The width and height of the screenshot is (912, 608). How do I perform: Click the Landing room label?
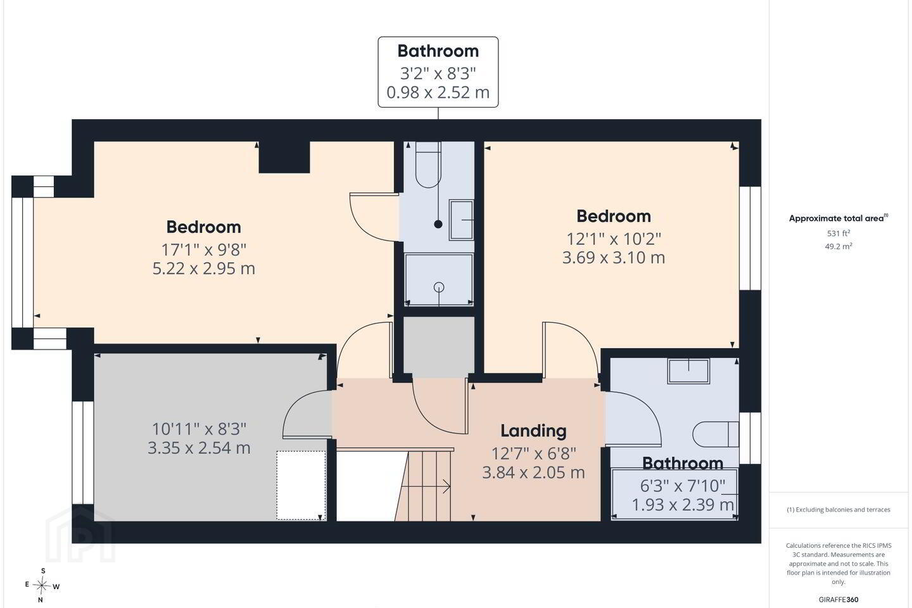(x=533, y=431)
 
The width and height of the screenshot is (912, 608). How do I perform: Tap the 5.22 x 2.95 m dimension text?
(x=203, y=269)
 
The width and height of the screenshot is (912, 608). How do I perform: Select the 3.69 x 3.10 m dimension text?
(x=614, y=257)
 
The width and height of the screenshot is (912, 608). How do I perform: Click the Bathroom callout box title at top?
(x=438, y=51)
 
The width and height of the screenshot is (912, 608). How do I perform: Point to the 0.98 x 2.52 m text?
(x=438, y=92)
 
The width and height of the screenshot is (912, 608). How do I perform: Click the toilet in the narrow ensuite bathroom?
(x=428, y=165)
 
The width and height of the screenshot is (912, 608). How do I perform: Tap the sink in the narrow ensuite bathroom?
(x=461, y=220)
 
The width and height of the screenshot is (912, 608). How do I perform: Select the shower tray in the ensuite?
(x=439, y=279)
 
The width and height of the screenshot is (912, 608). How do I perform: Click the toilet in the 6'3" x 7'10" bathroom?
(x=716, y=434)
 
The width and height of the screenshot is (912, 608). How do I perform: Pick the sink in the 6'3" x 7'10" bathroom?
(x=688, y=370)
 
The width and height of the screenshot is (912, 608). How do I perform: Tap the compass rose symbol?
(x=42, y=586)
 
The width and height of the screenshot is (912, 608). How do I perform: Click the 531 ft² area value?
(x=839, y=233)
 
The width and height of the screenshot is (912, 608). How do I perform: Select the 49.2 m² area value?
(x=839, y=246)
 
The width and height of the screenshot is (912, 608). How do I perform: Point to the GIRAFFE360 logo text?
(x=839, y=599)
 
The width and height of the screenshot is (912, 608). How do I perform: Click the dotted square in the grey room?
(x=301, y=485)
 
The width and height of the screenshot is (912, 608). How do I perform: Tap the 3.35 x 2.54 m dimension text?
(x=199, y=448)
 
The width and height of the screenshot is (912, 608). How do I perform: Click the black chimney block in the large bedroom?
(x=284, y=157)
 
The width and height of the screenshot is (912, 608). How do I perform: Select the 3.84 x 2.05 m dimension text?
(x=533, y=472)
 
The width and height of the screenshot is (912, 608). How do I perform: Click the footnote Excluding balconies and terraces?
(x=839, y=509)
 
